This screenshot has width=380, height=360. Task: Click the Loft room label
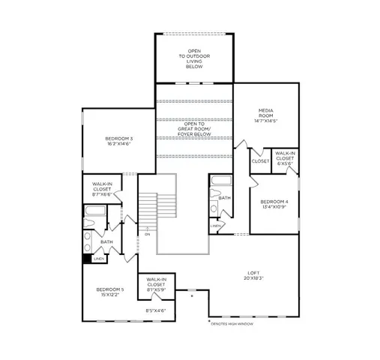255,272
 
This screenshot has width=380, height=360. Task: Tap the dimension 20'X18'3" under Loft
255,278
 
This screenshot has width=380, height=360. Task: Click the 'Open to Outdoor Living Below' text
194,59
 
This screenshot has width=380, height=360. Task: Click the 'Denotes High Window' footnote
232,323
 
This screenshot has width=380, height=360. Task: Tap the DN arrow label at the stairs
148,234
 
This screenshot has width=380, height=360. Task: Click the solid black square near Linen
87,259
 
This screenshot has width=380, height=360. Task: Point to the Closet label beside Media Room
260,161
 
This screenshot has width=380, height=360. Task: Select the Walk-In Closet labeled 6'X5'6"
285,158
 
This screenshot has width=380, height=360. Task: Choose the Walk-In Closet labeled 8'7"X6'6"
103,187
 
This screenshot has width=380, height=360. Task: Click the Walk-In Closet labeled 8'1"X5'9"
156,283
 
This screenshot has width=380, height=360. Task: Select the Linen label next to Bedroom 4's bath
215,225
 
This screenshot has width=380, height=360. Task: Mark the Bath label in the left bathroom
107,241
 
